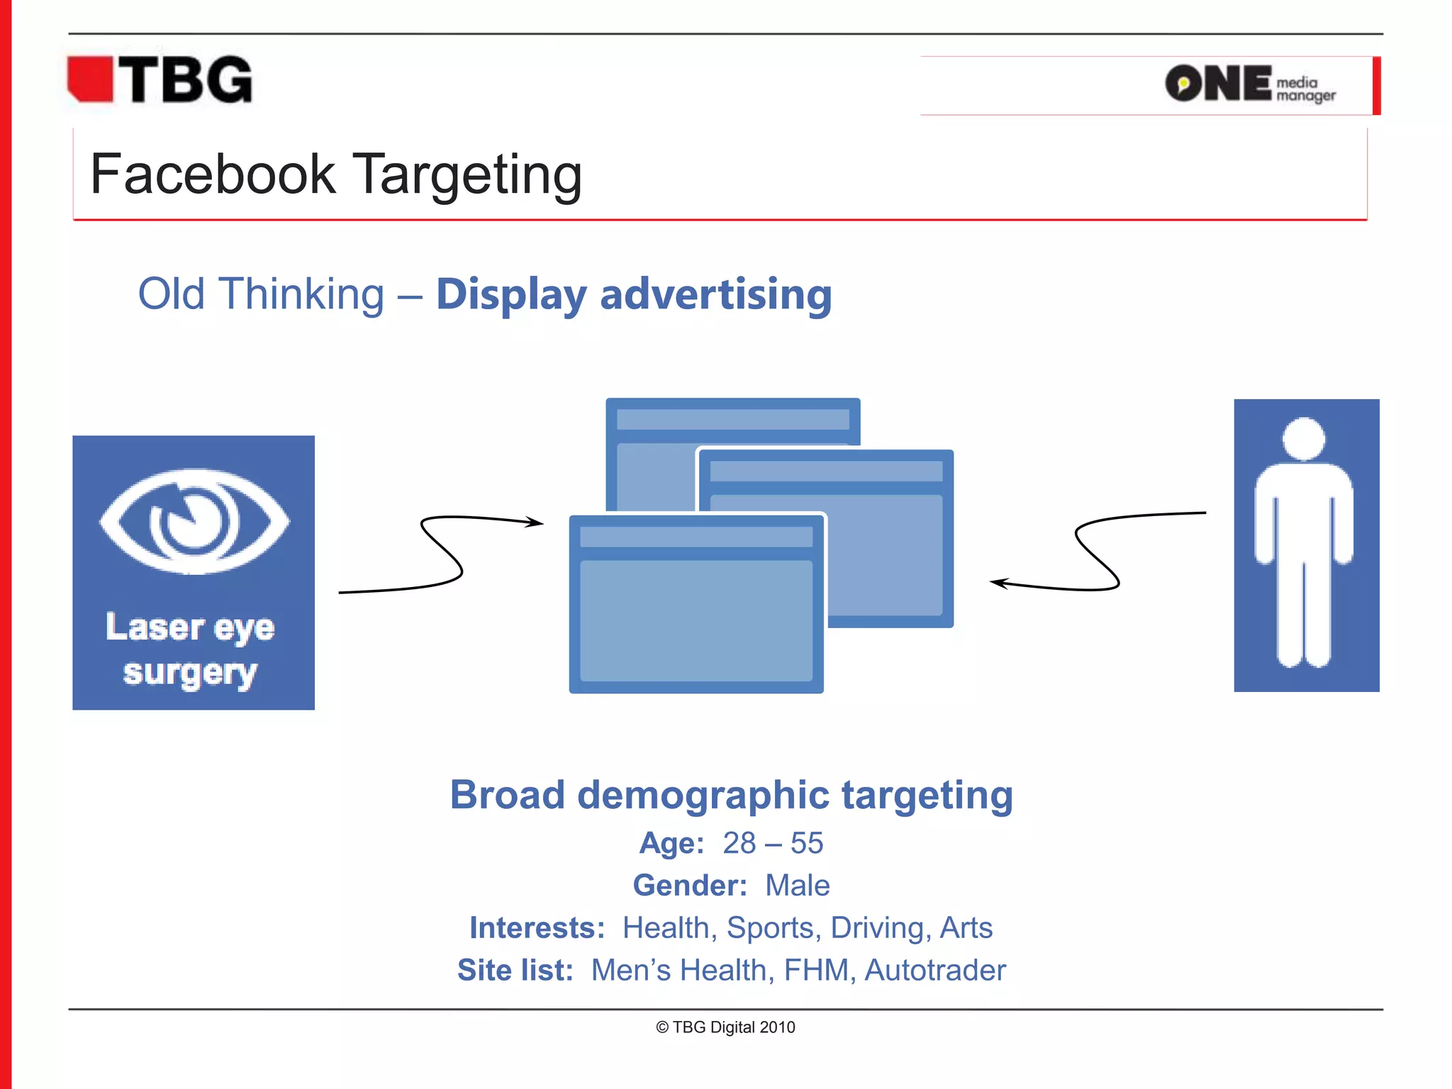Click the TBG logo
click(160, 80)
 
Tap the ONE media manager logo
click(1249, 84)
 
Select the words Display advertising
click(633, 294)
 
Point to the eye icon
click(194, 521)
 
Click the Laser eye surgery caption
click(190, 649)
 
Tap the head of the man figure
click(1304, 439)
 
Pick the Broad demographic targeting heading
click(731, 795)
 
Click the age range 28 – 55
click(773, 844)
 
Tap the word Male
click(797, 886)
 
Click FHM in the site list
click(816, 971)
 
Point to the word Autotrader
click(935, 971)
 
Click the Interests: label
click(537, 928)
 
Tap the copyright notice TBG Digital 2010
click(725, 1027)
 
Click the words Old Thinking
click(261, 294)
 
